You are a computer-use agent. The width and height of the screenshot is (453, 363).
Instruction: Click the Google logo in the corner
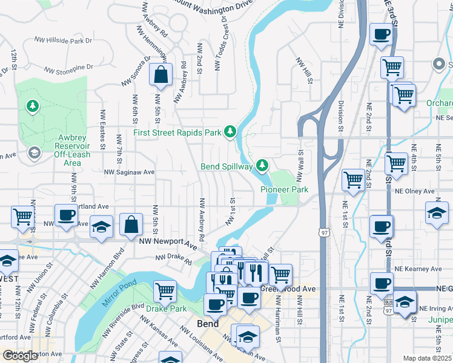click(x=20, y=356)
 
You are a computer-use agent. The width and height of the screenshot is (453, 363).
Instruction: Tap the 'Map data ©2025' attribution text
click(x=427, y=358)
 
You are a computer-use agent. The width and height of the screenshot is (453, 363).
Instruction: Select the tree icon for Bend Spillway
click(x=262, y=165)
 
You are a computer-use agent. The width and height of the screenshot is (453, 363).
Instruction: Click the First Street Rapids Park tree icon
click(x=230, y=131)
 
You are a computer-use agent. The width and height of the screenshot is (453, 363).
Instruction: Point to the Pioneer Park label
click(x=284, y=189)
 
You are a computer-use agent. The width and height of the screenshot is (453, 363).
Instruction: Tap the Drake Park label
click(x=166, y=309)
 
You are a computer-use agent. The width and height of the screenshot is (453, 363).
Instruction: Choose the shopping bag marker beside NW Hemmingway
click(x=160, y=75)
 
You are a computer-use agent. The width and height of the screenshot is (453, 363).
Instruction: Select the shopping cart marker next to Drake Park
click(x=165, y=291)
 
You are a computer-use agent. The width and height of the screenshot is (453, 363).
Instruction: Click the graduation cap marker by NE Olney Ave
click(x=437, y=214)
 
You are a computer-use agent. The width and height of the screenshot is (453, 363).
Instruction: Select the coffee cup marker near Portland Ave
click(x=66, y=215)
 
